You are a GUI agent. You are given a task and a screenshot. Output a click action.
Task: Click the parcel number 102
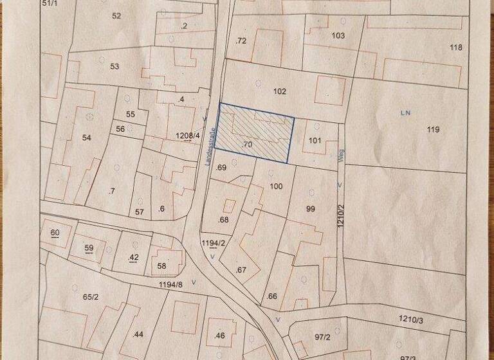click(279, 91)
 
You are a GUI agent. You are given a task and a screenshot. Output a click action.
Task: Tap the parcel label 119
click(433, 130)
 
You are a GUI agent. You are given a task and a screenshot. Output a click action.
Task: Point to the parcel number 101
click(315, 140)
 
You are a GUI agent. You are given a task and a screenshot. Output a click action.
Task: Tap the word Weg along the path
click(341, 158)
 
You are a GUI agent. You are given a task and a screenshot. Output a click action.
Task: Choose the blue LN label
click(405, 113)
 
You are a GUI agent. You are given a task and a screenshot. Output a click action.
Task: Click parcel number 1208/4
click(187, 136)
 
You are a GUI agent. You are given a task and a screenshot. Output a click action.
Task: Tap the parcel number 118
click(456, 48)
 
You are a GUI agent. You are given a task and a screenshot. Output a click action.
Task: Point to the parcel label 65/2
click(91, 297)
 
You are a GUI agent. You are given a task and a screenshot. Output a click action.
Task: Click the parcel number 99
click(311, 209)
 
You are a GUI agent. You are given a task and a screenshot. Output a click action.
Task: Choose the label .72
click(241, 40)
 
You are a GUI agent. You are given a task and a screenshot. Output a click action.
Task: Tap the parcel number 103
click(338, 35)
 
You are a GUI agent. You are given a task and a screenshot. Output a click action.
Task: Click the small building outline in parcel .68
click(229, 206)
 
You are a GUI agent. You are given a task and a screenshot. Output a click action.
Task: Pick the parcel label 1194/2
click(212, 243)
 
